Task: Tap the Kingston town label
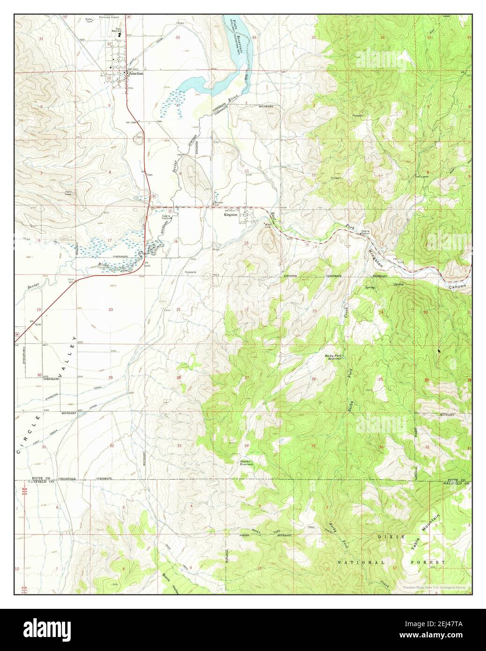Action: coord(231,215)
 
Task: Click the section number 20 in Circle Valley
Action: coord(110,310)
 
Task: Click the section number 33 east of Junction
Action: coord(178,37)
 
